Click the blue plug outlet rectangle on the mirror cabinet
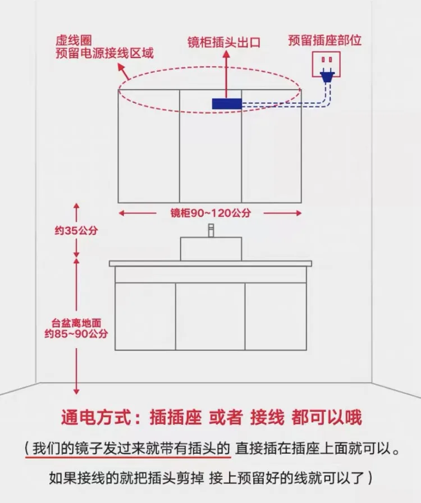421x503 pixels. [226, 103]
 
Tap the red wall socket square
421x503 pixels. [326, 63]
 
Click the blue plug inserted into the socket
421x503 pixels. [326, 77]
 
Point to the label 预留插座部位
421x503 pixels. [324, 40]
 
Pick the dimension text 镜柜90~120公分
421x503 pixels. [210, 213]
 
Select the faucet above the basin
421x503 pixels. [211, 230]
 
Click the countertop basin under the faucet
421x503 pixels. [211, 249]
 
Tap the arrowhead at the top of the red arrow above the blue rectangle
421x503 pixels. [226, 54]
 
